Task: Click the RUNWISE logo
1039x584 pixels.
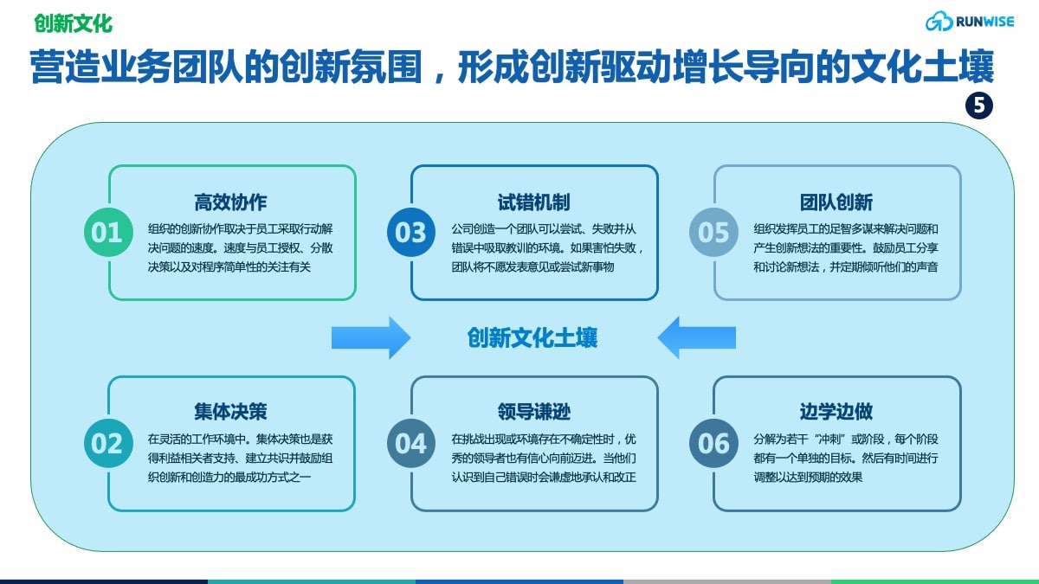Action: [x=970, y=22]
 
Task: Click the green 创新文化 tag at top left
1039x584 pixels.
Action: [x=74, y=23]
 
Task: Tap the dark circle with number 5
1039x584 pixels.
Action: [x=979, y=106]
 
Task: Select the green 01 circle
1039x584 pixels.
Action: [x=108, y=232]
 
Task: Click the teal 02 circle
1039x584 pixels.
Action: [x=108, y=443]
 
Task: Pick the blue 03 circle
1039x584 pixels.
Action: [x=411, y=232]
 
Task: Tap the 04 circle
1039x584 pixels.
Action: [x=411, y=443]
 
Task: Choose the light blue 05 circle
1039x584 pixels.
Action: [x=713, y=232]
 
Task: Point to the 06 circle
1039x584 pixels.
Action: [x=713, y=443]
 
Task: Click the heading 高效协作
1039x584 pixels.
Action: [x=230, y=202]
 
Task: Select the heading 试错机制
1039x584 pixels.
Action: [x=533, y=202]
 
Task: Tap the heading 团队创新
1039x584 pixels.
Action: [x=836, y=202]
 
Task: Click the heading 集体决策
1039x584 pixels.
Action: [x=230, y=412]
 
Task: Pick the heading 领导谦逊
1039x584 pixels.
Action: [x=533, y=412]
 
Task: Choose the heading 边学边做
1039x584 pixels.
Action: [x=836, y=412]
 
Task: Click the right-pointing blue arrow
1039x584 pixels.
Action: [x=371, y=338]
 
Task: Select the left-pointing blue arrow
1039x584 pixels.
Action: [x=697, y=338]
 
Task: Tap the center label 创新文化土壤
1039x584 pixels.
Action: [x=532, y=338]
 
